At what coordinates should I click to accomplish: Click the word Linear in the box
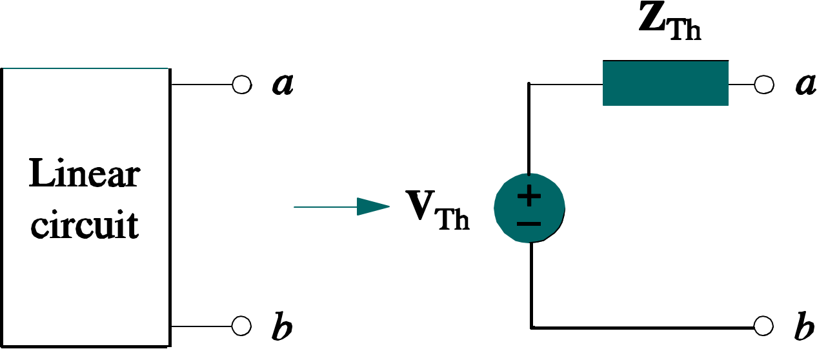point(85,174)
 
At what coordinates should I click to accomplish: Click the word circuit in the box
point(85,224)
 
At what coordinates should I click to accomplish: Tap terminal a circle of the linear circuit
point(242,85)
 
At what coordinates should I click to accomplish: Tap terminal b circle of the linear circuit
point(241,326)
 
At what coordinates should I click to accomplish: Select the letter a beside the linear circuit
point(283,85)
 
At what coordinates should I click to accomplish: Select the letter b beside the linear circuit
point(282,325)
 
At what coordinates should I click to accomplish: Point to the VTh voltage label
point(438,210)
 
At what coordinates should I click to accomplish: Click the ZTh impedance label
point(670,21)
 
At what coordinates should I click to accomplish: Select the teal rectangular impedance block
point(665,83)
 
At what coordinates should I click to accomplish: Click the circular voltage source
point(529,208)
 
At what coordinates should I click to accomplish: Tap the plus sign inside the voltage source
point(529,197)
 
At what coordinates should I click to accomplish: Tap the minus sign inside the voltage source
point(529,224)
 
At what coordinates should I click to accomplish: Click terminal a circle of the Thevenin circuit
point(764,85)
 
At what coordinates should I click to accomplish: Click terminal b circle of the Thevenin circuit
point(763,326)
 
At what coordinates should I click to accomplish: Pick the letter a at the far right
point(805,85)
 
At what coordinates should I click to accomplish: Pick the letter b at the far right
point(804,325)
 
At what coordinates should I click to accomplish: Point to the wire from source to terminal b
point(642,328)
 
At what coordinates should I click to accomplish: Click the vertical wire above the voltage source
point(529,129)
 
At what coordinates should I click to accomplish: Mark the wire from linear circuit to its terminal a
point(202,85)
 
